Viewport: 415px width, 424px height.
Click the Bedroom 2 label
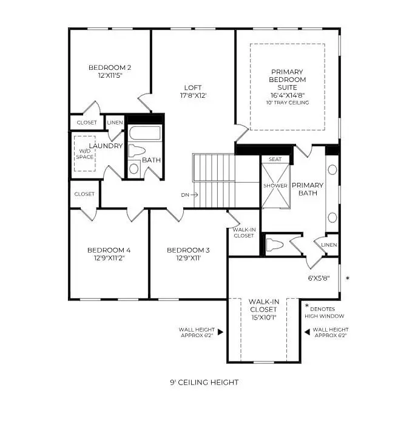pos(110,67)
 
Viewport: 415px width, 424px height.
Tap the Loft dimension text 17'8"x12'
pos(194,95)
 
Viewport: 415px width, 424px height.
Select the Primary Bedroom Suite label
pos(288,80)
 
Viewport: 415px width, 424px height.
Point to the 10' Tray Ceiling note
pos(288,103)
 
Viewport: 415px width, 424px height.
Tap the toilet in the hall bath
pos(136,152)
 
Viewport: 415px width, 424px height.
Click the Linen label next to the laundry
pos(115,123)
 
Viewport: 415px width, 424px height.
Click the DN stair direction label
pos(186,195)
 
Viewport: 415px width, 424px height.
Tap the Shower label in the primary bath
pos(275,185)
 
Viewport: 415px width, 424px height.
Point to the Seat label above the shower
pos(275,159)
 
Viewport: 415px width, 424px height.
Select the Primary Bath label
pos(308,190)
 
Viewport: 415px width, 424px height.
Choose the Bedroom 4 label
pos(109,250)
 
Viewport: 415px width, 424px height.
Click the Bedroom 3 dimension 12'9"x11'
pos(188,258)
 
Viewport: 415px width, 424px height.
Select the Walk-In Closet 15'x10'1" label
pos(263,309)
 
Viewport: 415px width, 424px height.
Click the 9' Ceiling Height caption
pos(204,382)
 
